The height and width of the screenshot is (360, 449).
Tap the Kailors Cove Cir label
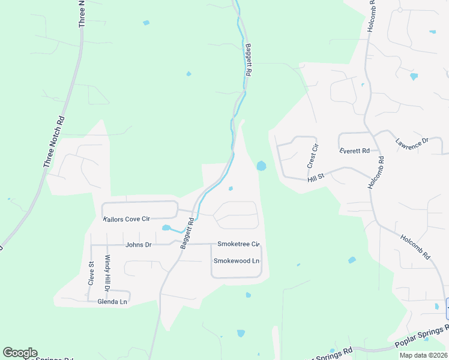point(126,219)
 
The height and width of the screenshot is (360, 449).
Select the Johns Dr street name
point(138,245)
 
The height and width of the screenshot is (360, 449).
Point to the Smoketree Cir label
point(238,244)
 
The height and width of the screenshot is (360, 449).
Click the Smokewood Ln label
point(237,261)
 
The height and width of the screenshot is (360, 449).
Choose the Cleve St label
point(92,272)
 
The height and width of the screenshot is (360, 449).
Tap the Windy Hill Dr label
point(108,273)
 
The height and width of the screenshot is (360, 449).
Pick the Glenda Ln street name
point(113,302)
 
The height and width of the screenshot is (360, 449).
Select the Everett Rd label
point(355,151)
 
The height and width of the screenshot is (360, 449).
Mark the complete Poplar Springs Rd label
point(422,337)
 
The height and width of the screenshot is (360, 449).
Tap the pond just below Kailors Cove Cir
point(167,228)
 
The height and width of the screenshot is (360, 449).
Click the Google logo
point(20,353)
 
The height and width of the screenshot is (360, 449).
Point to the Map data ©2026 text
point(423,355)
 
